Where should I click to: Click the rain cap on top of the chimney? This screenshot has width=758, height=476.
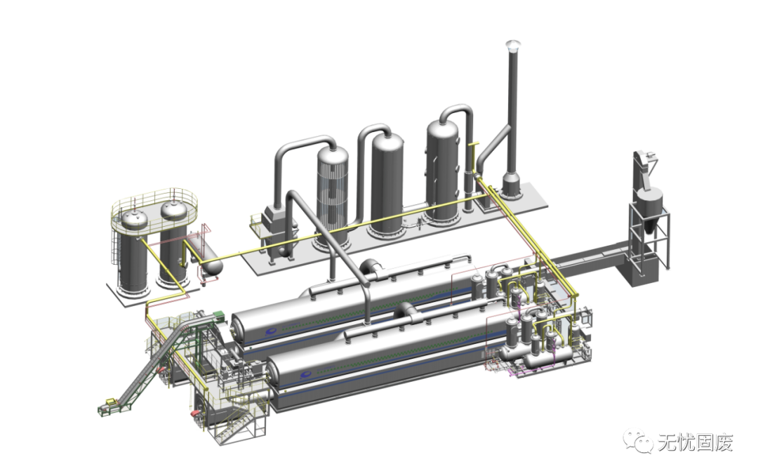(512, 46)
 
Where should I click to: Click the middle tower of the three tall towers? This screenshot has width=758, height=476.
(386, 185)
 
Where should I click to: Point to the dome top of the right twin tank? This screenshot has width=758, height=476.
(174, 209)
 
